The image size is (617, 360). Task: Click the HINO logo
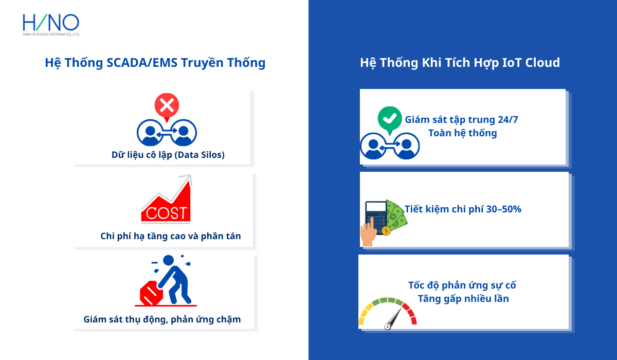point(51,24)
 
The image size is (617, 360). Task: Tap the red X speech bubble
point(167,106)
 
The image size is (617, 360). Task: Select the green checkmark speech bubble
point(389,118)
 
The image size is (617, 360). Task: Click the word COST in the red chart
point(166,213)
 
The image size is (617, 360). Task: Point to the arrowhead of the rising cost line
point(187,179)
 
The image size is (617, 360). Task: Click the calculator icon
point(376,216)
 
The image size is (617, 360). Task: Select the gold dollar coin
point(386,231)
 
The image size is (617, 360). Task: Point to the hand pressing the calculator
point(368,232)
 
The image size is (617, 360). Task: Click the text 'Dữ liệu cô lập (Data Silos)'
point(168,154)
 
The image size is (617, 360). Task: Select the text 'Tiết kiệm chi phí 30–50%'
point(463,209)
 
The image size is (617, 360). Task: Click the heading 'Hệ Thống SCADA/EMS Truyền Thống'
point(155,63)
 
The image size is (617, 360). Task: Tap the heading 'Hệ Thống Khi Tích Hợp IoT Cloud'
point(460,63)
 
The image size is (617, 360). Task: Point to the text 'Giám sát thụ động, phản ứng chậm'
point(162,319)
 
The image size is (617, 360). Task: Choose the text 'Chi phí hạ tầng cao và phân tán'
point(171,236)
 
